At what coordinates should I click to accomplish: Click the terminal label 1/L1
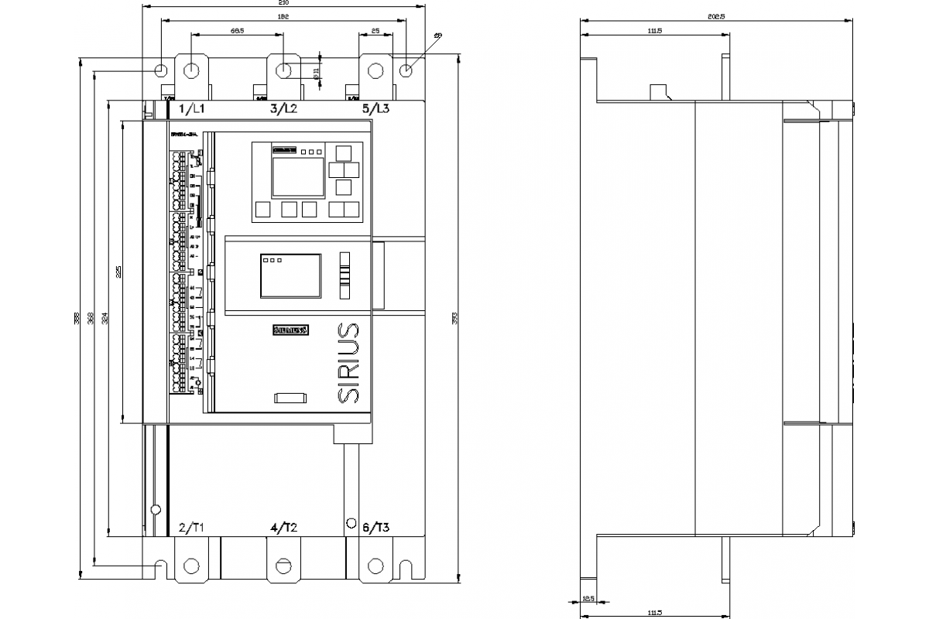(x=192, y=109)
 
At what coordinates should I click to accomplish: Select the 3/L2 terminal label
(x=283, y=109)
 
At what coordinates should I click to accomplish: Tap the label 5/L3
(x=375, y=109)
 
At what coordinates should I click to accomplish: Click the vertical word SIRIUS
(x=349, y=362)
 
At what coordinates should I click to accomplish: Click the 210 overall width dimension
(x=283, y=4)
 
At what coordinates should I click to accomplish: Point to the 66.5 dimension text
(x=238, y=31)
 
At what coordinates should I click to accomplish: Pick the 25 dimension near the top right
(x=375, y=31)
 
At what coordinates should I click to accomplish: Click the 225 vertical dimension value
(x=118, y=272)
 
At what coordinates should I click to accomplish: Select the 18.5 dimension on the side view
(x=589, y=597)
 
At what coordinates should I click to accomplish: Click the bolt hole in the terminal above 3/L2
(x=284, y=70)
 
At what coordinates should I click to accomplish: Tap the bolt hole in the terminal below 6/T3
(x=375, y=566)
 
